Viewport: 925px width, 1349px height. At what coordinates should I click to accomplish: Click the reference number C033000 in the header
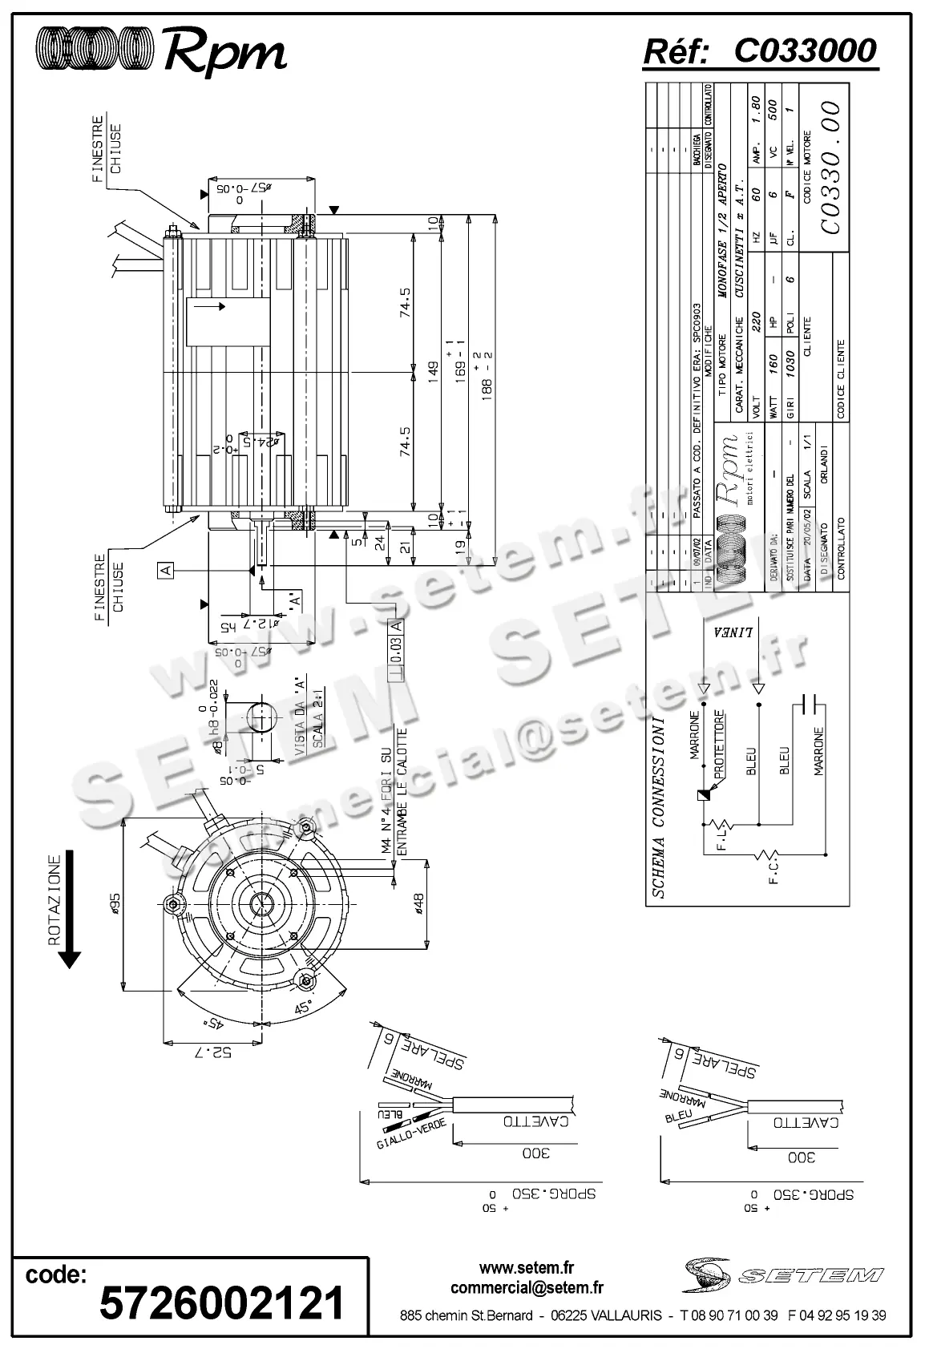[x=806, y=51]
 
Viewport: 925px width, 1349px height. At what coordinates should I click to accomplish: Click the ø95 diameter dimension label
[x=115, y=903]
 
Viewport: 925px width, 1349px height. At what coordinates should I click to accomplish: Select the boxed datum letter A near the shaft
[x=166, y=570]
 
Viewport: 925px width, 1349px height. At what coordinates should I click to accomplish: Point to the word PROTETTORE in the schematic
[x=719, y=743]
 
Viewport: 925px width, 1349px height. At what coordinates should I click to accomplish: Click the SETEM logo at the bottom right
[x=784, y=1274]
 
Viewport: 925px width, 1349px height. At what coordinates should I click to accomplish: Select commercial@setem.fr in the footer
[x=527, y=1288]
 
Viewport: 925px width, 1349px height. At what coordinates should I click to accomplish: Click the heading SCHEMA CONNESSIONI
[x=658, y=807]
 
